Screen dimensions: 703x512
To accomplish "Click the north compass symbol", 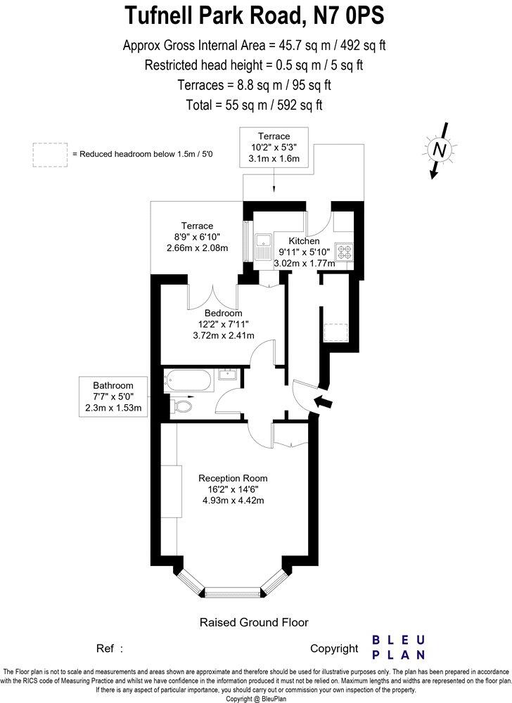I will pyautogui.click(x=440, y=150).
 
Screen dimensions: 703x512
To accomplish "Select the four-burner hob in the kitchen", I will pyautogui.click(x=345, y=252).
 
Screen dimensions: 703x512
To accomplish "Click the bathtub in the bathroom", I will pyautogui.click(x=188, y=381).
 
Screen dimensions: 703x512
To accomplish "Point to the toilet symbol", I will pyautogui.click(x=182, y=406).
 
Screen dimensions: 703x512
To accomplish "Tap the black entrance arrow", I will pyautogui.click(x=324, y=402).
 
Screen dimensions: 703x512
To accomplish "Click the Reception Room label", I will pyautogui.click(x=233, y=478).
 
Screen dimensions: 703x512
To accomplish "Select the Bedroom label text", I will pyautogui.click(x=224, y=313).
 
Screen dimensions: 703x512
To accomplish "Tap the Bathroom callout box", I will pyautogui.click(x=113, y=396).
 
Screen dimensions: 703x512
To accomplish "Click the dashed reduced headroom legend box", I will pyautogui.click(x=49, y=155).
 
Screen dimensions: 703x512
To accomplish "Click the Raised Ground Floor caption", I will pyautogui.click(x=254, y=622).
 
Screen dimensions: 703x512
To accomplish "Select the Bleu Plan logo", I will pyautogui.click(x=398, y=647).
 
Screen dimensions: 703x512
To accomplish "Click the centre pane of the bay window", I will pyautogui.click(x=233, y=592).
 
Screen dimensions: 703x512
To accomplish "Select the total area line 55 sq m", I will pyautogui.click(x=255, y=105).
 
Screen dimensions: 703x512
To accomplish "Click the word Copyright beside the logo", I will pyautogui.click(x=334, y=648).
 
